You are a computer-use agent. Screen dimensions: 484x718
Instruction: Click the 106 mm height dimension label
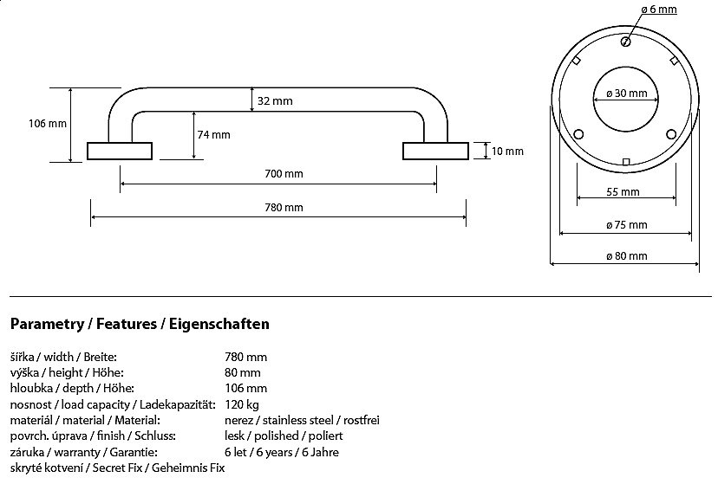pos(48,124)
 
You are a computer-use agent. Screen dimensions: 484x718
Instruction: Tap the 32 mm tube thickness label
pos(276,101)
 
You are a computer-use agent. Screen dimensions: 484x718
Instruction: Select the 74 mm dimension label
pos(213,134)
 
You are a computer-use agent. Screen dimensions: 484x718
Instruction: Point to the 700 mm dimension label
pos(284,174)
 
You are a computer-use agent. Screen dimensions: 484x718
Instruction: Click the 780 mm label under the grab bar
pos(284,207)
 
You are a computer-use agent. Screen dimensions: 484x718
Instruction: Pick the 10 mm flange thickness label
pos(507,152)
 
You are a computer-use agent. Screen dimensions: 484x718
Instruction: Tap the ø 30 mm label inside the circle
pos(625,94)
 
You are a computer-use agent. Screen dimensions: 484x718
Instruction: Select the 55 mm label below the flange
pos(623,192)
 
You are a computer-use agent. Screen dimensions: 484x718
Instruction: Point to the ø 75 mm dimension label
pos(626,225)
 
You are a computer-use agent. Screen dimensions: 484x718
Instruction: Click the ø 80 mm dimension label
pos(626,256)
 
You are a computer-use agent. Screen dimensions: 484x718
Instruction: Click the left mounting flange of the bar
pos(120,151)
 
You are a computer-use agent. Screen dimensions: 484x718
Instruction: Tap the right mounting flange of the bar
pos(434,151)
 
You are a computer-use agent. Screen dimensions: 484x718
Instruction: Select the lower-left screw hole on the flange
pos(578,133)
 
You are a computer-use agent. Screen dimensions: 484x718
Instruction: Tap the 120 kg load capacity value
pos(241,404)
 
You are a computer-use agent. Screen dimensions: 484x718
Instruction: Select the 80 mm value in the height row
pos(243,372)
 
